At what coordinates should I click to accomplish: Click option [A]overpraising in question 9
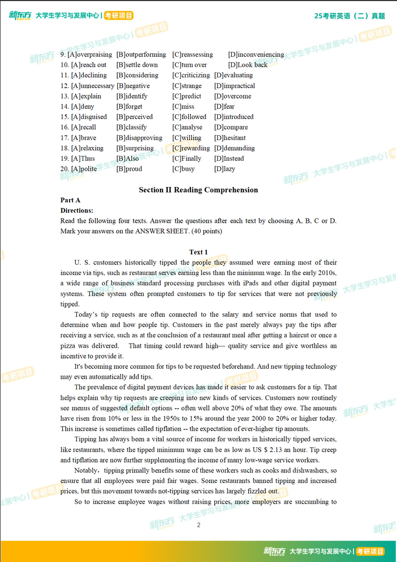point(90,55)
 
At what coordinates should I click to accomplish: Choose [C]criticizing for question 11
point(191,75)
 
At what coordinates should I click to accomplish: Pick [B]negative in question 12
point(133,86)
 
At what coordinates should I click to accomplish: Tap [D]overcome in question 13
point(232,96)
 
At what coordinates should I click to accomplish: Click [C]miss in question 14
point(184,107)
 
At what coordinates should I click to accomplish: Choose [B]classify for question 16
point(131,127)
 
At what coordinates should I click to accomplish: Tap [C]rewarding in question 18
point(191,149)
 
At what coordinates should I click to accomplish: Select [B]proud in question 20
point(129,169)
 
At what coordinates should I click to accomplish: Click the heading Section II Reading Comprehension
point(198,190)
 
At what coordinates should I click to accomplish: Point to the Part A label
point(70,200)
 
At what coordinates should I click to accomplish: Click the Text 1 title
point(198,252)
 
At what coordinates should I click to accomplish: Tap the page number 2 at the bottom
point(199,525)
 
